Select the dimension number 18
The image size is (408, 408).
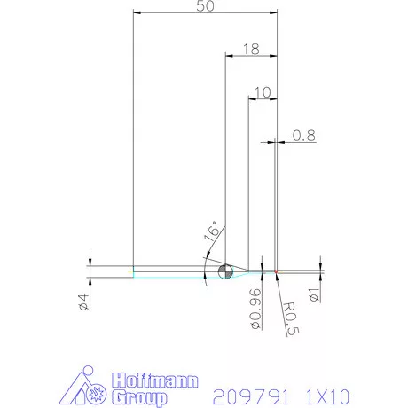pyautogui.click(x=249, y=50)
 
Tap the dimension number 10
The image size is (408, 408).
pyautogui.click(x=262, y=91)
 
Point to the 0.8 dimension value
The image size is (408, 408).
pyautogui.click(x=303, y=136)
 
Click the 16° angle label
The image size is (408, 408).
pyautogui.click(x=211, y=233)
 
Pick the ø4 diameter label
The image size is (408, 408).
pyautogui.click(x=82, y=302)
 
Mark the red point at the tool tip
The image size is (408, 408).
pyautogui.click(x=277, y=271)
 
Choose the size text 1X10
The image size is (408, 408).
pyautogui.click(x=327, y=395)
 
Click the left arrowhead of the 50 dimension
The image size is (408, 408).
pyautogui.click(x=136, y=12)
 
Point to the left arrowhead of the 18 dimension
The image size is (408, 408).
pyautogui.click(x=225, y=56)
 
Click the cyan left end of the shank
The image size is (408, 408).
pyautogui.click(x=133, y=273)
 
